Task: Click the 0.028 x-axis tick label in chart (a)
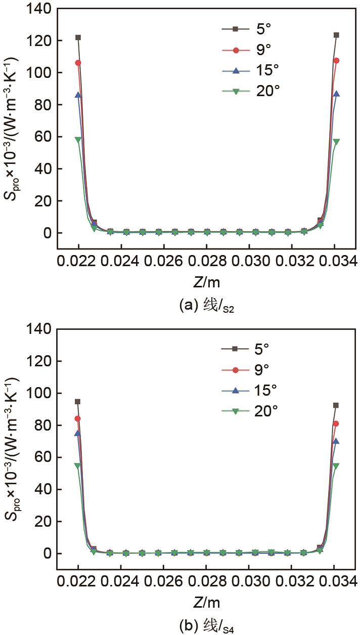pos(206,262)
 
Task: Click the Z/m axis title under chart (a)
pos(206,281)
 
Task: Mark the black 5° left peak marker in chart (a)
pos(78,37)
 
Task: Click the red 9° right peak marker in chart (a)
pos(336,61)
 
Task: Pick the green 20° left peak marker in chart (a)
pos(78,140)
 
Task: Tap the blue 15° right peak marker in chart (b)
pos(336,441)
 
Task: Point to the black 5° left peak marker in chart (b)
pos(78,402)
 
